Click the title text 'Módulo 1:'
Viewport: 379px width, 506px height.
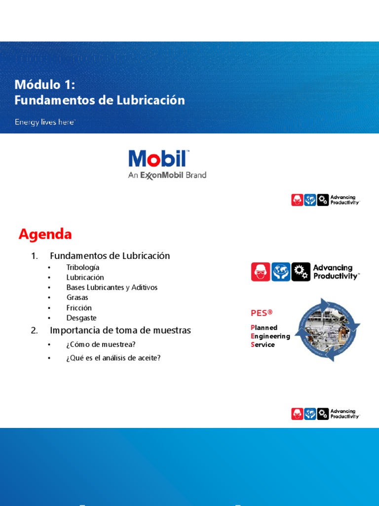[45, 85]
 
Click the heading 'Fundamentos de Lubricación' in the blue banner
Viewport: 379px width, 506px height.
[100, 100]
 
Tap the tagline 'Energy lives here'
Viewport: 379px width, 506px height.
[44, 122]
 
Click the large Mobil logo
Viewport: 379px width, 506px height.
[158, 159]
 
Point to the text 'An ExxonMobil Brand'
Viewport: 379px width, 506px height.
[167, 175]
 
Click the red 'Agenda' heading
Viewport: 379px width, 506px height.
[45, 234]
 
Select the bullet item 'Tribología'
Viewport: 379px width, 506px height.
[83, 267]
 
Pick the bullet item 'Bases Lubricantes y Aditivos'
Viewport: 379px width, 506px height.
[112, 288]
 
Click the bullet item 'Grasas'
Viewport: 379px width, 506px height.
[77, 297]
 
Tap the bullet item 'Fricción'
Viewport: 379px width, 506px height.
[79, 308]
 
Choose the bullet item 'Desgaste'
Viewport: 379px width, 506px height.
[81, 318]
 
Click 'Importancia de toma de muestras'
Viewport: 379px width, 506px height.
[120, 330]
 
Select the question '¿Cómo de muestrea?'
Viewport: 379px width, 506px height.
[101, 344]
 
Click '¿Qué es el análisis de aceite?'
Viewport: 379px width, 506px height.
[114, 358]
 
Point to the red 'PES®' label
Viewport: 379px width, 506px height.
[262, 313]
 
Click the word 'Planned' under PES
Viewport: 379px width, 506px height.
[264, 328]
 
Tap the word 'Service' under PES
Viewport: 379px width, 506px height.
[263, 344]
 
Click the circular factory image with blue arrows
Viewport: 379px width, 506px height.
[328, 330]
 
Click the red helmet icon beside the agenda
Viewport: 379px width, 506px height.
[261, 272]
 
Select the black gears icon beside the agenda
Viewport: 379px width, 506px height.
[301, 272]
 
